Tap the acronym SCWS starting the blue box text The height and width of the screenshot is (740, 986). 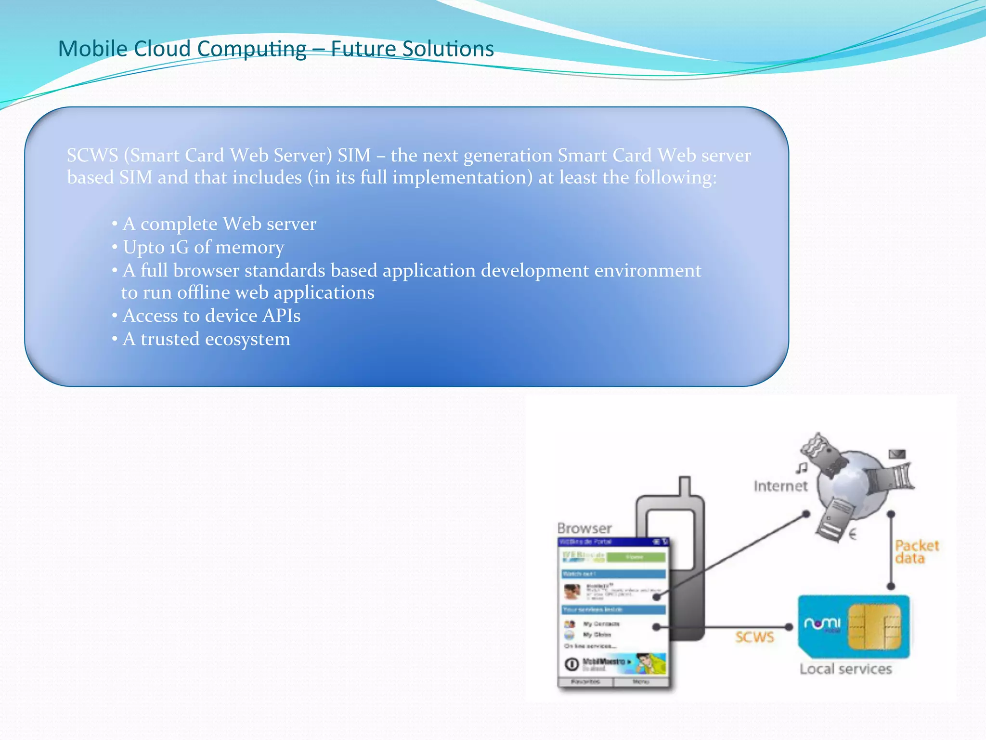[92, 156]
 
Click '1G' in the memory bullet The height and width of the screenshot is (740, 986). [179, 248]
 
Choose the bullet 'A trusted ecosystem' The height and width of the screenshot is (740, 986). [206, 339]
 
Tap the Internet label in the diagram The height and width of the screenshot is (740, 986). [780, 486]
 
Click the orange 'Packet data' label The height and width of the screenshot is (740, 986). [916, 552]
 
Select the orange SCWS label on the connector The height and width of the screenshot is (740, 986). [754, 637]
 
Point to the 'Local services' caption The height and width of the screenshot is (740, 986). [845, 669]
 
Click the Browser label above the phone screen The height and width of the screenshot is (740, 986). [584, 529]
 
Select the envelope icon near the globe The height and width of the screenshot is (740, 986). [897, 454]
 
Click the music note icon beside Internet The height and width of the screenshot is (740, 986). [801, 467]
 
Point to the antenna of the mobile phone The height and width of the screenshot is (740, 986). [685, 487]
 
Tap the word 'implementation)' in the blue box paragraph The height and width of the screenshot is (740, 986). [462, 178]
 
